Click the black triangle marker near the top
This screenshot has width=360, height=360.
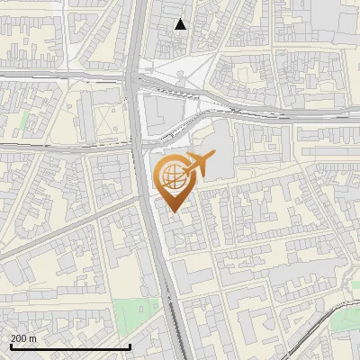click(181, 24)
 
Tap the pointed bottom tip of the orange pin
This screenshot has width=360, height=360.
click(172, 211)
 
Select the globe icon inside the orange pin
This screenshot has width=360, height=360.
click(172, 175)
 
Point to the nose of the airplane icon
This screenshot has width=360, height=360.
click(213, 157)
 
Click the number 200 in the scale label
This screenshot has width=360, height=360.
click(19, 337)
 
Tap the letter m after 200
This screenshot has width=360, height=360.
click(32, 337)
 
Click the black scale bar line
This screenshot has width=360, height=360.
click(70, 346)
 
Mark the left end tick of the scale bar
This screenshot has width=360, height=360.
click(11, 346)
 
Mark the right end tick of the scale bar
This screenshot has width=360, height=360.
click(130, 346)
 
